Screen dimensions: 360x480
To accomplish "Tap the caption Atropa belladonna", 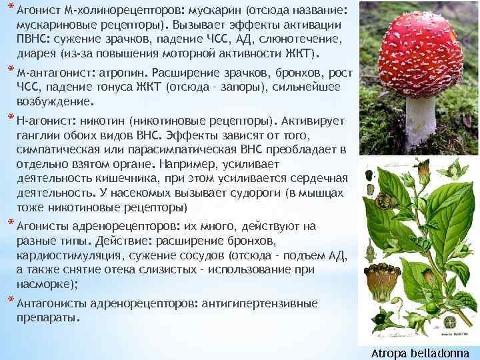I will click(421, 353).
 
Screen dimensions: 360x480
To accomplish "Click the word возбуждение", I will click(55, 103).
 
